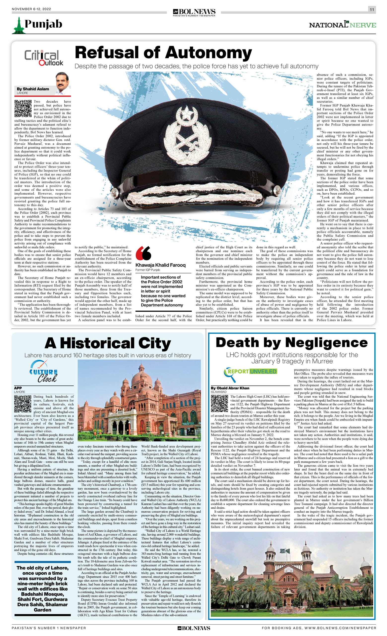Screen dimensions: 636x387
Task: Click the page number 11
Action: pyautogui.click(x=372, y=9)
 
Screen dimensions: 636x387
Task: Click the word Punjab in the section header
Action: pyautogui.click(x=43, y=24)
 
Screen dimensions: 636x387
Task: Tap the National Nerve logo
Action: pyautogui.click(x=342, y=25)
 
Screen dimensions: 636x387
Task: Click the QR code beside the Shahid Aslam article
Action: pyautogui.click(x=23, y=109)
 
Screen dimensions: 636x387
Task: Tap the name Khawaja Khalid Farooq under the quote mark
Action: pyautogui.click(x=160, y=265)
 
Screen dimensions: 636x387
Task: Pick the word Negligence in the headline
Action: pyautogui.click(x=326, y=343)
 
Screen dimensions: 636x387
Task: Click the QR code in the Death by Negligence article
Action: pyautogui.click(x=219, y=403)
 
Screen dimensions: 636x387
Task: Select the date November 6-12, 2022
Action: pyautogui.click(x=31, y=9)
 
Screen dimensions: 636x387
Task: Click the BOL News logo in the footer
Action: pyautogui.click(x=194, y=628)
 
